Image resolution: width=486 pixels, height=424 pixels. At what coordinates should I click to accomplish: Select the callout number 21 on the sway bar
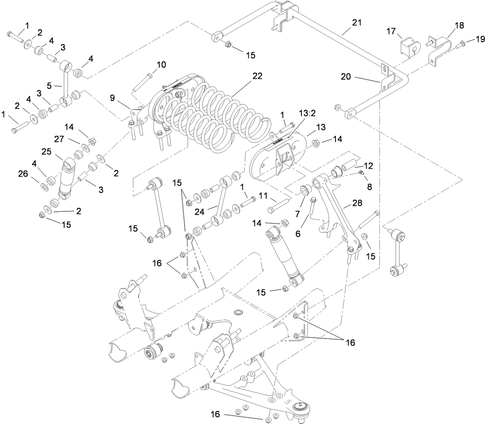point(357,23)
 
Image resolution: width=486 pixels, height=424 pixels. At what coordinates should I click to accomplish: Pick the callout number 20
point(346,76)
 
